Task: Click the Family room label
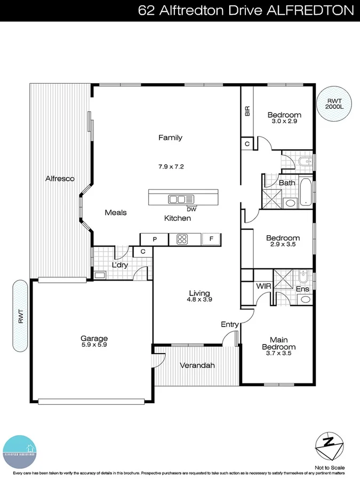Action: coord(170,138)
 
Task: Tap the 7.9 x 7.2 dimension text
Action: coord(171,166)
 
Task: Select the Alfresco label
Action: coord(59,179)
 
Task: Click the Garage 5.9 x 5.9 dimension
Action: coord(94,345)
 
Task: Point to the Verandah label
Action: coord(197,365)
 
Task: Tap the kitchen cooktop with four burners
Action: coord(182,239)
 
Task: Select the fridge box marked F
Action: coord(211,239)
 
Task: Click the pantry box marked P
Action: coord(155,239)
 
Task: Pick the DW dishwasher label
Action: coord(191,209)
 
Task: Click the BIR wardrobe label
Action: coord(247,111)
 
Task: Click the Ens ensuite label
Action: coord(302,289)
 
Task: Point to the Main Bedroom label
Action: coord(282,343)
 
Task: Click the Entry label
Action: coord(230,324)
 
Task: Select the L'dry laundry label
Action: coord(120,265)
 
